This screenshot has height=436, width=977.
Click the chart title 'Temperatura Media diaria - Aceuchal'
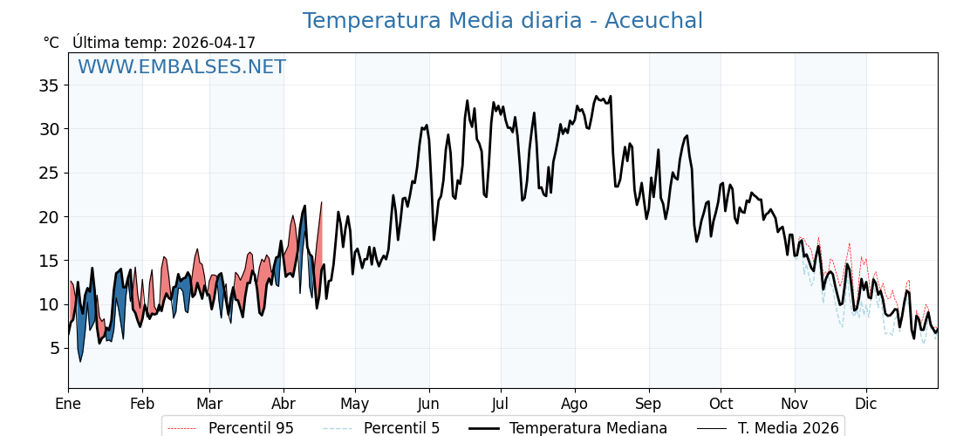coord(502,21)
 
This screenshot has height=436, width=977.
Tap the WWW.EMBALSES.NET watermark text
coord(181,67)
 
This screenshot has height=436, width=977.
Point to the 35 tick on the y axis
coord(48,85)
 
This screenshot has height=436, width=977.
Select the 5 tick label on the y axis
coord(53,348)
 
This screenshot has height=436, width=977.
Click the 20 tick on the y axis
coord(48,216)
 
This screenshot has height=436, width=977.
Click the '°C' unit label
coord(51,43)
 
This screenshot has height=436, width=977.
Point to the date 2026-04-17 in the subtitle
coord(214,43)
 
